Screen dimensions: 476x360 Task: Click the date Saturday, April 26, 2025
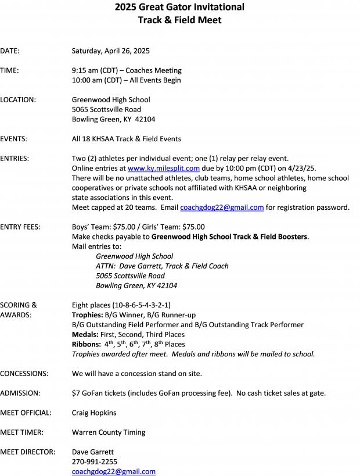coord(110,51)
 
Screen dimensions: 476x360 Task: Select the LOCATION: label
coord(18,99)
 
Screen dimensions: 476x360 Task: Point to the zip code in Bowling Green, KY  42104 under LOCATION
coord(145,119)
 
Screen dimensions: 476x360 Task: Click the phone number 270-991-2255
coord(94,461)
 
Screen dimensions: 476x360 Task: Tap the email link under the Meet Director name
coord(114,471)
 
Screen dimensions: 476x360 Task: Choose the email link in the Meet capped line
coord(222,207)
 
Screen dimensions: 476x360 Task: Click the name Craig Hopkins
coord(94,413)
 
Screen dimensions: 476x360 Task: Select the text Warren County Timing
coord(109,432)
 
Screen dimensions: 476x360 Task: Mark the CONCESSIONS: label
coord(24,373)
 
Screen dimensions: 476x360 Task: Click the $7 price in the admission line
coord(76,393)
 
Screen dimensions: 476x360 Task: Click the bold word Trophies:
coord(87,315)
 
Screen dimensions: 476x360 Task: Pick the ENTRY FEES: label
coord(20,227)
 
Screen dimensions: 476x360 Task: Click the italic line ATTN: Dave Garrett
coord(162,266)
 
